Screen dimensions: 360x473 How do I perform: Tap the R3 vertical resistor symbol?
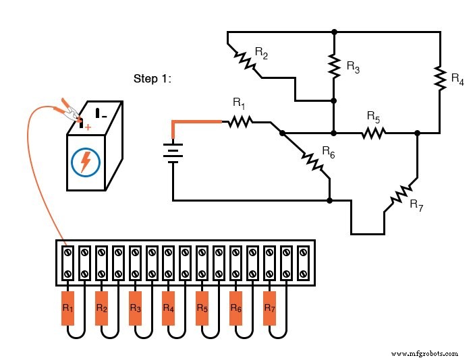334,65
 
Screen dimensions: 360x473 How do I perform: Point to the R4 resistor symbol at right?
440,78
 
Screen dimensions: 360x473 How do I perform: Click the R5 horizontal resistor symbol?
373,133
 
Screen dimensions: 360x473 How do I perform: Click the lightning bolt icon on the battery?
86,162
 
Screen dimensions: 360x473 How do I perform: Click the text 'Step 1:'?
152,79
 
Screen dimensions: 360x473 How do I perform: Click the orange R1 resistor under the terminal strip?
67,308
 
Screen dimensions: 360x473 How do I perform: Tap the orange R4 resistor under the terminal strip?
169,308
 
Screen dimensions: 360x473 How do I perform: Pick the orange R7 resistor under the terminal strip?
270,308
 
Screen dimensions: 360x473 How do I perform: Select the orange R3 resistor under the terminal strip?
135,308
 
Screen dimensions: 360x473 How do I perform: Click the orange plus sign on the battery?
88,126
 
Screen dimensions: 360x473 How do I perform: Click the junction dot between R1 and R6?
282,133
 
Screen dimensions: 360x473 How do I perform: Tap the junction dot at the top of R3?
334,32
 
